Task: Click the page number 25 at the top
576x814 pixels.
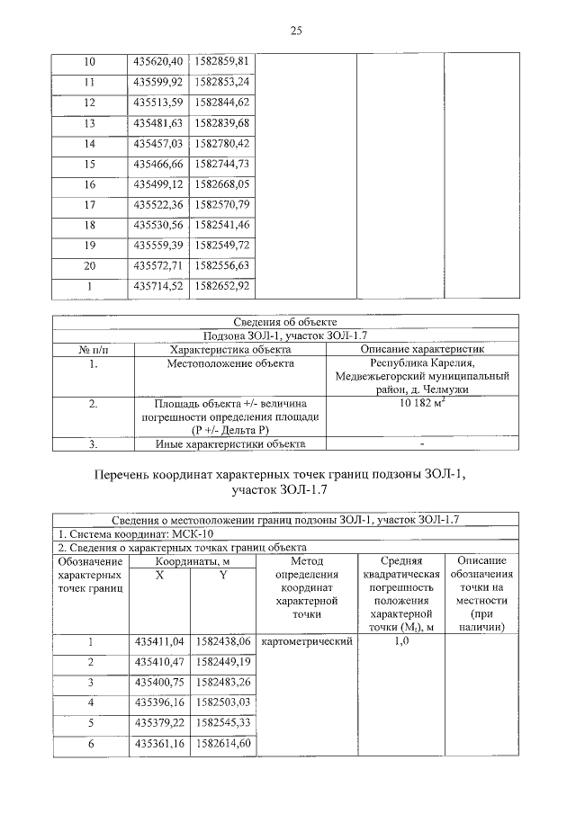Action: (295, 31)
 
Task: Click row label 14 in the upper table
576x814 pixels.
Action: (89, 144)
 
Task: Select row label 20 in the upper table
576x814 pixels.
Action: (89, 266)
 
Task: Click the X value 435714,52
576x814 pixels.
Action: (157, 287)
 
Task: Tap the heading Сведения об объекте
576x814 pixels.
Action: (285, 321)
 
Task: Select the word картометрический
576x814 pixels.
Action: (306, 642)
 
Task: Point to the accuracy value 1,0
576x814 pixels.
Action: (401, 642)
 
